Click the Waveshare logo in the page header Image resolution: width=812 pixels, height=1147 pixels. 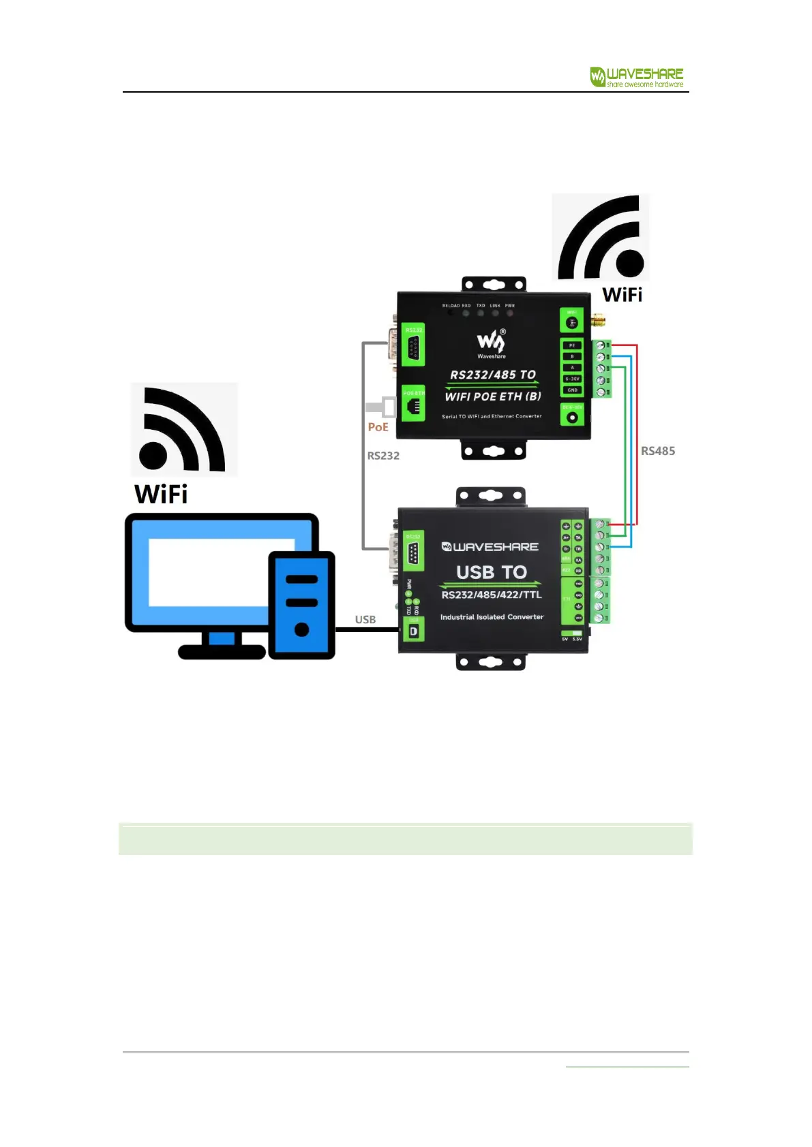point(636,77)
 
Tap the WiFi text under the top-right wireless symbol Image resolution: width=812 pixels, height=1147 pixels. point(622,295)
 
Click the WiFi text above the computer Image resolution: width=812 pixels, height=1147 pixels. point(161,494)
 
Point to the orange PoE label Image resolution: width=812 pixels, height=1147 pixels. point(378,427)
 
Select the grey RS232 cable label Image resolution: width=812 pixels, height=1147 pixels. point(383,456)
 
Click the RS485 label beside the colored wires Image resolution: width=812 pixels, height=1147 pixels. point(658,451)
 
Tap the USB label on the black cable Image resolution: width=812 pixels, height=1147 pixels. point(365,619)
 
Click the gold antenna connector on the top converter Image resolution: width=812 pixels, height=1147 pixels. point(599,320)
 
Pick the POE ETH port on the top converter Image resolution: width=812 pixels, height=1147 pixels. point(413,406)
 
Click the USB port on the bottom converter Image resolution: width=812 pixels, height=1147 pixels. point(413,631)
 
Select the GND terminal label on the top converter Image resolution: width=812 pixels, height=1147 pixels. point(572,390)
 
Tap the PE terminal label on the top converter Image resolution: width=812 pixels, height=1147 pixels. point(572,345)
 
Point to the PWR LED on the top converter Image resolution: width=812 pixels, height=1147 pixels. point(510,313)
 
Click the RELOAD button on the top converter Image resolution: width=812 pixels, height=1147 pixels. point(451,313)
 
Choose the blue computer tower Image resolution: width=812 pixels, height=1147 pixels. point(301,605)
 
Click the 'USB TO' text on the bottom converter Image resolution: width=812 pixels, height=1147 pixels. point(492,572)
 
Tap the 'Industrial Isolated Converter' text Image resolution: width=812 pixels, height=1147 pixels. point(492,617)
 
